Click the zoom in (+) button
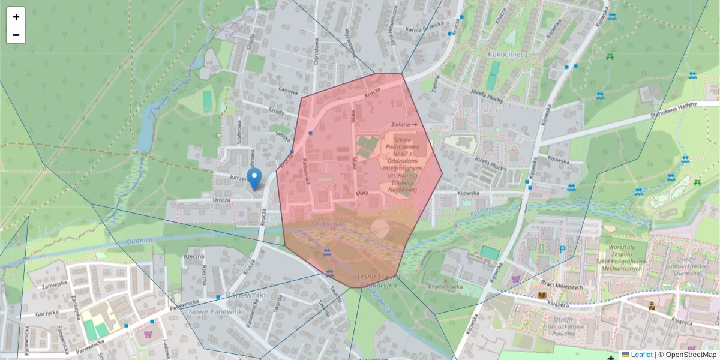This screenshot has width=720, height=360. click(16, 17)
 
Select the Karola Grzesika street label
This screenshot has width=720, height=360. click(424, 25)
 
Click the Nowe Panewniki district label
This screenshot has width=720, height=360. click(215, 312)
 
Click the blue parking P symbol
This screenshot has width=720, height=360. click(562, 250)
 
